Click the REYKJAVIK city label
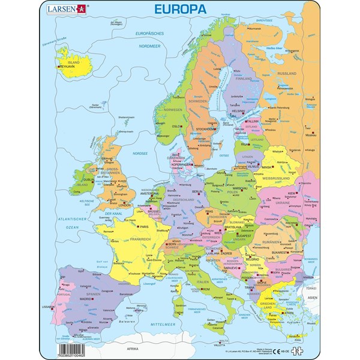click(x=68, y=68)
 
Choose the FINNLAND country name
click(x=242, y=78)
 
